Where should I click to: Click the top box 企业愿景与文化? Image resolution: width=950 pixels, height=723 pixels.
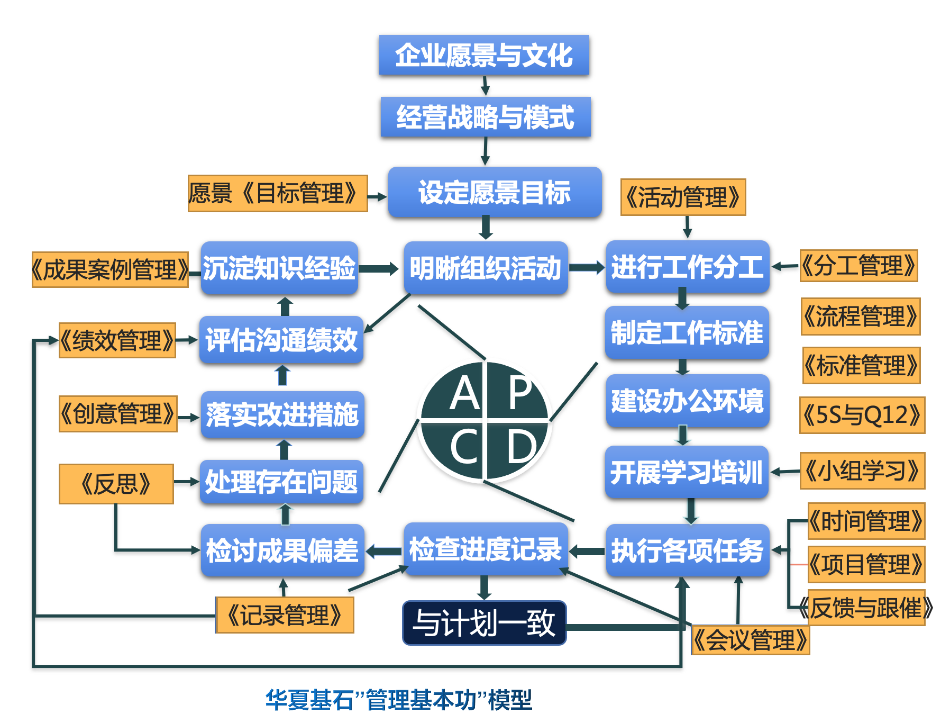(484, 55)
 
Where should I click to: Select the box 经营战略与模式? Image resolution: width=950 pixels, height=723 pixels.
(485, 117)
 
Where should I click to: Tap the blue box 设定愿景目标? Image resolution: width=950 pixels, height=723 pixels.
(495, 192)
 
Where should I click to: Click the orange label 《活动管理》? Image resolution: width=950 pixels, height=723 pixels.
(683, 197)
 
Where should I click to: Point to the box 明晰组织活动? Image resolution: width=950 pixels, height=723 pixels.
(486, 268)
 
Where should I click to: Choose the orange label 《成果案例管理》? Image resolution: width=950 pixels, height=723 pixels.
(110, 270)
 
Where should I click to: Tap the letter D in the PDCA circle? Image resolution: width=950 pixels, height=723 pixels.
(521, 446)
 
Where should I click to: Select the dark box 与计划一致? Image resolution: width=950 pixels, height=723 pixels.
(484, 623)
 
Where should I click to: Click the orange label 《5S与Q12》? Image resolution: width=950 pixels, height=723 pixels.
(862, 415)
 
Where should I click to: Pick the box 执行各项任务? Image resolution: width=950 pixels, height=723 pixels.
(687, 550)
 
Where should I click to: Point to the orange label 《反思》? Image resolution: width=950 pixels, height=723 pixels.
(116, 484)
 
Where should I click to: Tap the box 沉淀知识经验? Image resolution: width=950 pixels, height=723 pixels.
(279, 268)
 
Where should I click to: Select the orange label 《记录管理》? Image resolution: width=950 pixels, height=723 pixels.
(285, 615)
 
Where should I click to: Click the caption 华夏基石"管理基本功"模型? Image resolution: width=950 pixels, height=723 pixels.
(399, 700)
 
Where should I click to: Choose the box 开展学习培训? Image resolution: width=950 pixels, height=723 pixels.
(687, 472)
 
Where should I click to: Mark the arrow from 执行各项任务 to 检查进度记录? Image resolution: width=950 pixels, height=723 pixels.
(587, 552)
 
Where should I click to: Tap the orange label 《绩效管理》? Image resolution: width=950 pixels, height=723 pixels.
(117, 340)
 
